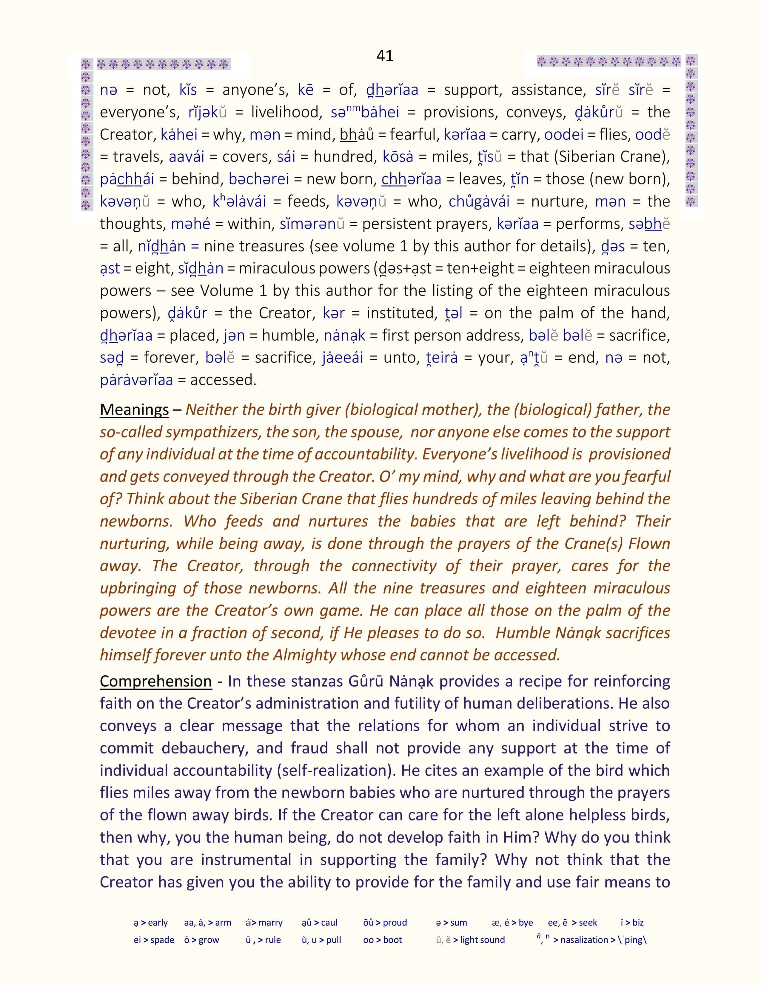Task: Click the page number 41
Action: point(385,56)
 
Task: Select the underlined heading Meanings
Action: point(134,410)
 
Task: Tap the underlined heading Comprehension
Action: point(155,681)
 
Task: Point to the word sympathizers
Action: point(214,432)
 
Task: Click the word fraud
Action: point(308,748)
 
